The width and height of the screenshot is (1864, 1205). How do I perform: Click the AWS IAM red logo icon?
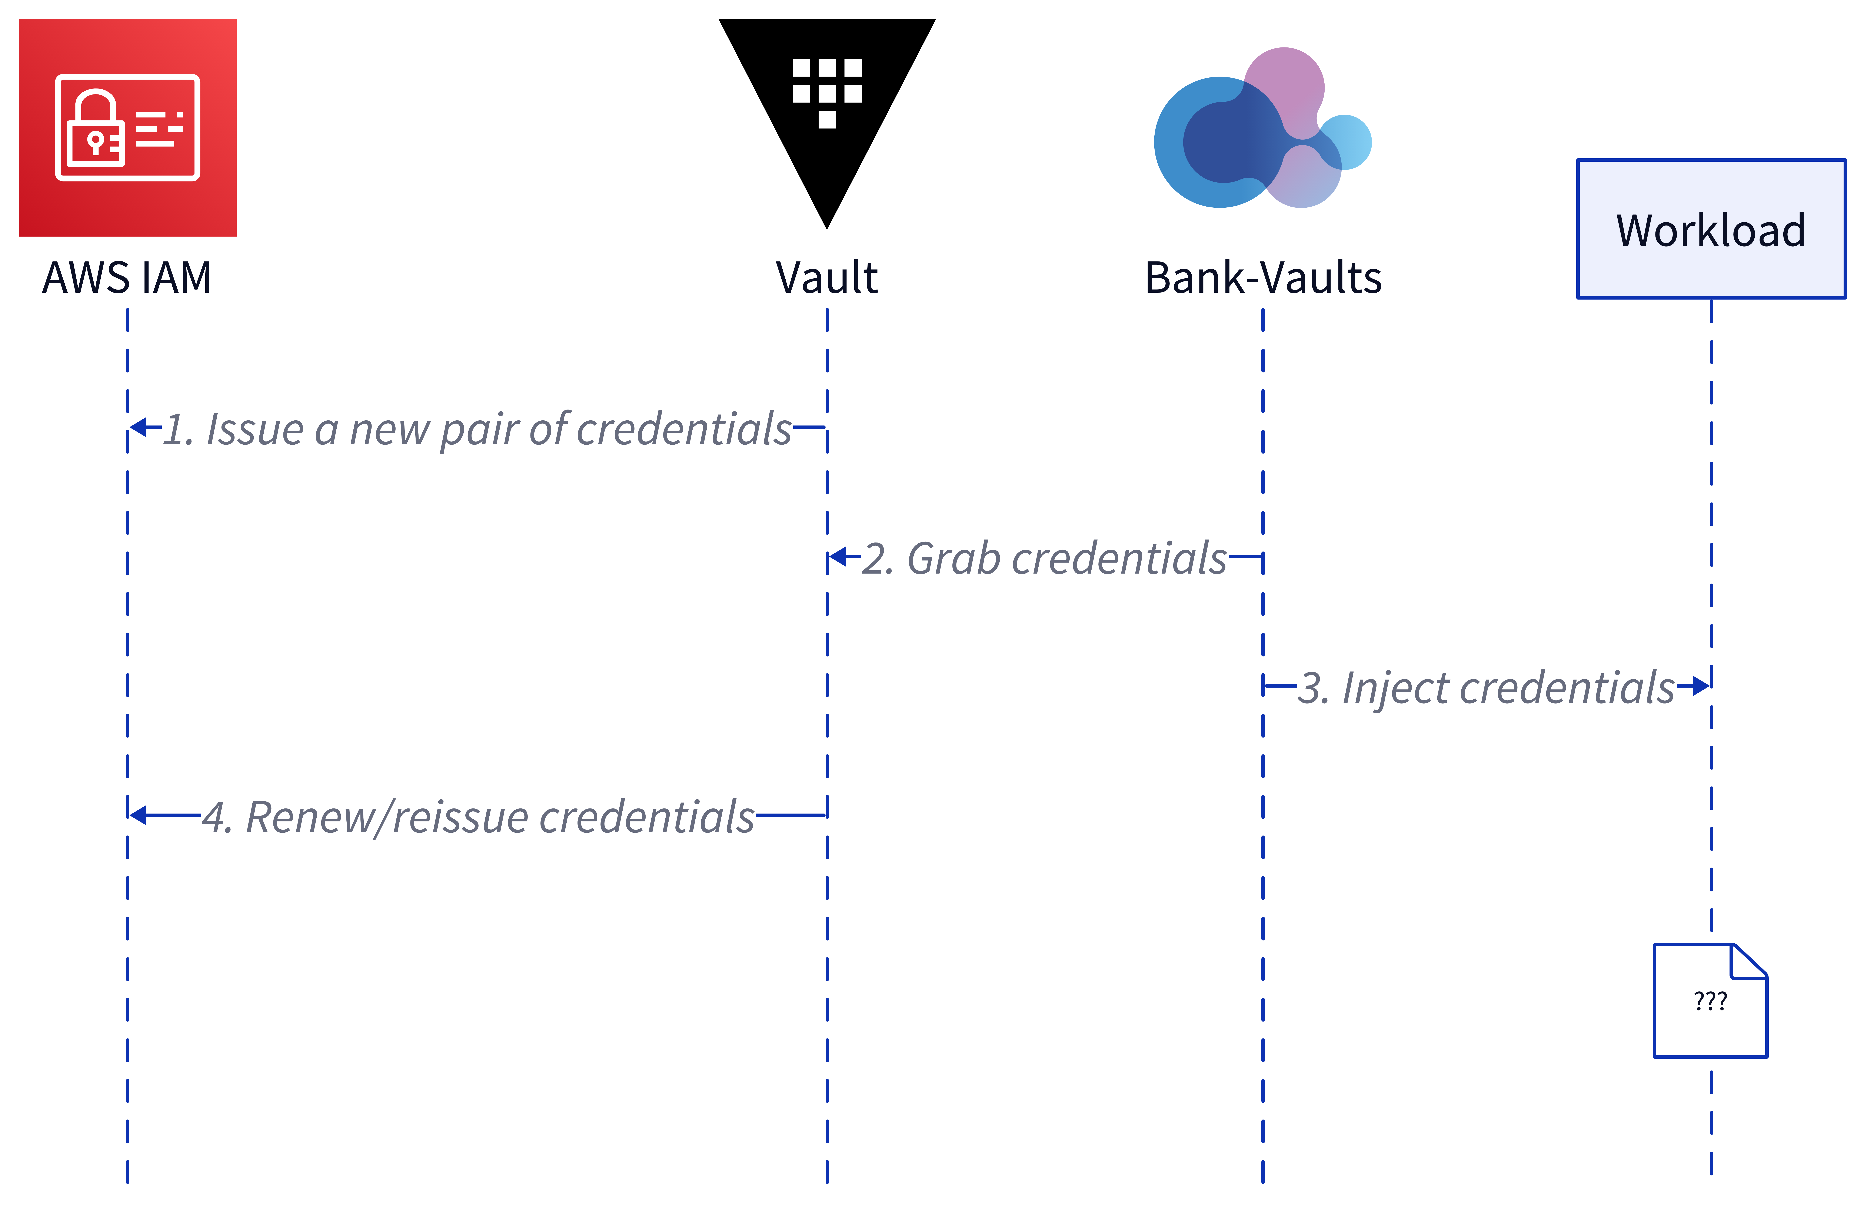click(x=127, y=128)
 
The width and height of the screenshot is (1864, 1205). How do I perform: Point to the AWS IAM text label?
click(x=127, y=278)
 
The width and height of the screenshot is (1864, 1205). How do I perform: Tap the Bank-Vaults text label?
click(x=1262, y=278)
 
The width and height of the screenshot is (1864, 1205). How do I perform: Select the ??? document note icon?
click(x=1710, y=1001)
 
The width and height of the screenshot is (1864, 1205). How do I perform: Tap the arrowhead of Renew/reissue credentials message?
click(x=139, y=815)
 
